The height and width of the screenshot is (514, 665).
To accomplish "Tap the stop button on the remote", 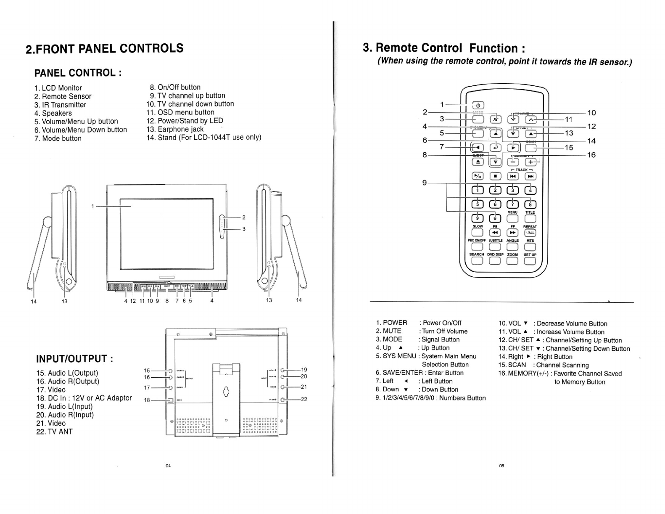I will tap(495, 176).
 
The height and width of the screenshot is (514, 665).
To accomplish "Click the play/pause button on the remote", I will tap(478, 176).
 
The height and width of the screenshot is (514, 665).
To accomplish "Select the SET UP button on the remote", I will tap(530, 261).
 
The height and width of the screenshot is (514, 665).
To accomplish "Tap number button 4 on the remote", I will tap(530, 190).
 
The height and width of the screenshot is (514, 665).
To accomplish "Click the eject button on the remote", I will tap(478, 162).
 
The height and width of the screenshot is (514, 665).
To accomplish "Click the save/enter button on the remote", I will tap(495, 147).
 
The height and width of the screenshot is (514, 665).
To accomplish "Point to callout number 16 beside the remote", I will tap(591, 155).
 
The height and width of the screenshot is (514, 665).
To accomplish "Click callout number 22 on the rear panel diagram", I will tap(304, 399).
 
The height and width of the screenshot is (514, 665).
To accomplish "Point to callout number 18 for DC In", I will tap(147, 400).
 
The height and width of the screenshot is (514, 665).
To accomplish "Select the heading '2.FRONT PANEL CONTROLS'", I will tap(105, 49).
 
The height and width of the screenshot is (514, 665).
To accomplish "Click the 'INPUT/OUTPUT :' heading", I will tap(75, 359).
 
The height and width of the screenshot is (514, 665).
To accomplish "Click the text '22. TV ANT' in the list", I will tap(54, 432).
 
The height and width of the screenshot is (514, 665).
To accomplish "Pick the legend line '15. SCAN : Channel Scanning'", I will tap(543, 365).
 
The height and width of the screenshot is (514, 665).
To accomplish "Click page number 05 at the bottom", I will tap(501, 466).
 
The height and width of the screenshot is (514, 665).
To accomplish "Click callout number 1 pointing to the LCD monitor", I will tap(92, 206).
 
